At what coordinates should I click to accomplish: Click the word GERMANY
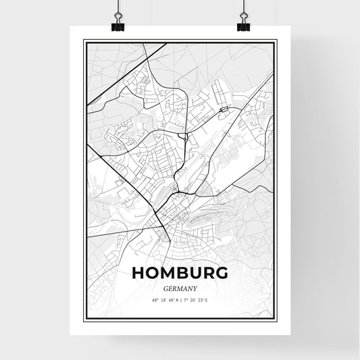pyautogui.click(x=181, y=288)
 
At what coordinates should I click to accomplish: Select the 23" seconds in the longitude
pyautogui.click(x=204, y=301)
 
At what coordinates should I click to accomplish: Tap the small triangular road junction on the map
pyautogui.click(x=184, y=136)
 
